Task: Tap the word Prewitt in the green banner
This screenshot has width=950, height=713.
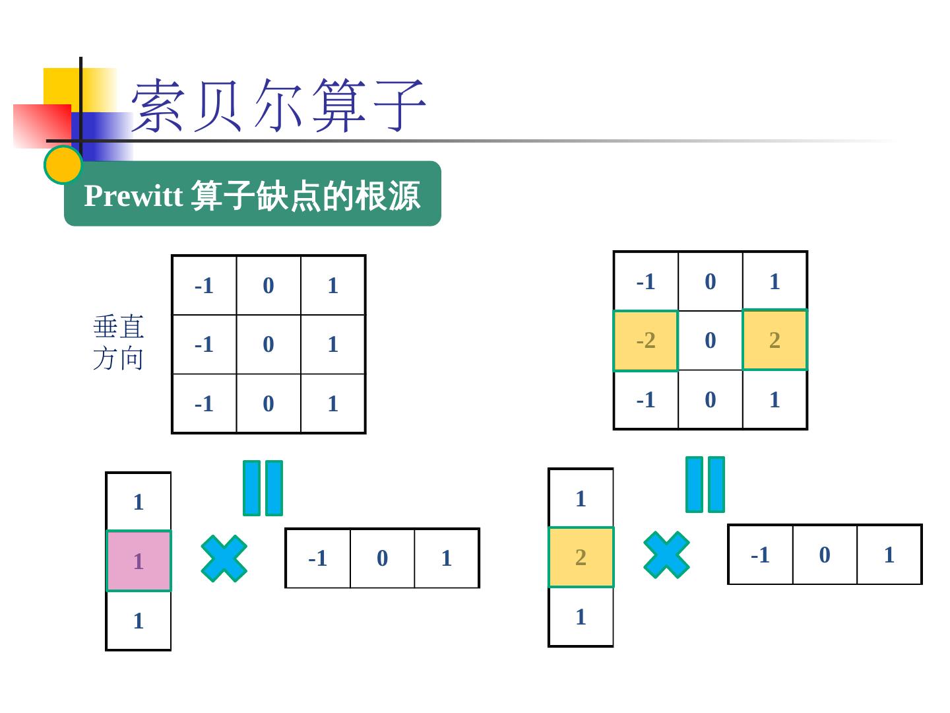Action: (x=133, y=195)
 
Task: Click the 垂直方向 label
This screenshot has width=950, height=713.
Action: (x=119, y=343)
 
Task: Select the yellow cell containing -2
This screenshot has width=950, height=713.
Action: (x=646, y=341)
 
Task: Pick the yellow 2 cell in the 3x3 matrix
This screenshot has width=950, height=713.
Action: (x=775, y=340)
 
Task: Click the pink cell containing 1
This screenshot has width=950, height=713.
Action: (x=139, y=561)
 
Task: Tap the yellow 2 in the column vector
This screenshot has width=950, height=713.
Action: (x=581, y=557)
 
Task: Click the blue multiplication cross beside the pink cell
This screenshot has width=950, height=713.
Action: (x=224, y=559)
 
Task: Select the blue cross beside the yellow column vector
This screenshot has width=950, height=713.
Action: (x=666, y=555)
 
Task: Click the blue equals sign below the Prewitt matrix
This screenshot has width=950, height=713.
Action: (x=263, y=488)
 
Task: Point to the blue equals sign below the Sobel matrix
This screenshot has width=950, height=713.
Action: (x=705, y=485)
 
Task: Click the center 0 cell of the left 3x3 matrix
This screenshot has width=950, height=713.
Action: (x=269, y=345)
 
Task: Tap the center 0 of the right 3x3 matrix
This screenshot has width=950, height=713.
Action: (x=711, y=341)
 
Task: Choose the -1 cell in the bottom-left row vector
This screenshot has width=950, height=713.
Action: (x=318, y=559)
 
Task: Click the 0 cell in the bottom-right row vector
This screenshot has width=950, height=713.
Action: (x=825, y=555)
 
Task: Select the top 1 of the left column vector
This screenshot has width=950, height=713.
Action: (x=139, y=502)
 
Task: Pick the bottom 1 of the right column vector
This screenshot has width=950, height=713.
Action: (x=581, y=617)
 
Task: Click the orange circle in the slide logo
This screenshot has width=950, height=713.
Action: (x=63, y=164)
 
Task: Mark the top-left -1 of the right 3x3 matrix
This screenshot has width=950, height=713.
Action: (x=646, y=282)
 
